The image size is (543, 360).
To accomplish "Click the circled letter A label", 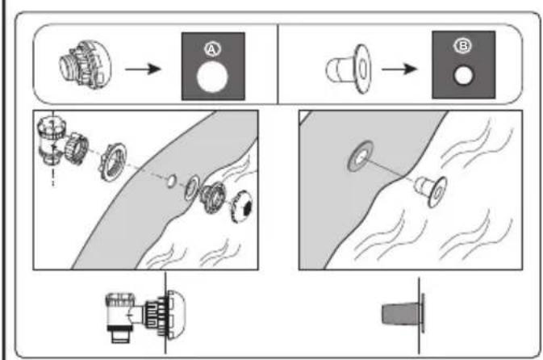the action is coord(212,49).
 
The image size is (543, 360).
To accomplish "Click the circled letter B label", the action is coord(463,46).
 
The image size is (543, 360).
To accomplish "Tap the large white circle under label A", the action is coord(212,77).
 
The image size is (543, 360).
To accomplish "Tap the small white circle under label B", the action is coord(463,76).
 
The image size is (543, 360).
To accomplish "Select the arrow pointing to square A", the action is coord(143,69).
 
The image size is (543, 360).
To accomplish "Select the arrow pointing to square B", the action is coord(399,69).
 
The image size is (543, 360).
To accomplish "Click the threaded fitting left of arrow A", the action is coord(86,65).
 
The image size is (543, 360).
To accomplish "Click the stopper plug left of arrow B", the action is coord(349,69).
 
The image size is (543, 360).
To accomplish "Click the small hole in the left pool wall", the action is coord(171,181).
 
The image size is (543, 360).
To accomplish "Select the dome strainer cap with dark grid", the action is coord(242,207).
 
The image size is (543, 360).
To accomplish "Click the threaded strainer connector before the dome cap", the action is coord(213,196).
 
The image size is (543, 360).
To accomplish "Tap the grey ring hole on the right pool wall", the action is coord(361,156).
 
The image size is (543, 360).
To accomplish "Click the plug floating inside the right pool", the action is coord(432,190).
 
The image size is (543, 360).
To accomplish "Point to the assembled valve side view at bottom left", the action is coord(145,316).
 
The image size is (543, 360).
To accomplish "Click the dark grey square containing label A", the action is coord(213,66).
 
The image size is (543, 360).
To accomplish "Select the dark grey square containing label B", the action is coord(463,65).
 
